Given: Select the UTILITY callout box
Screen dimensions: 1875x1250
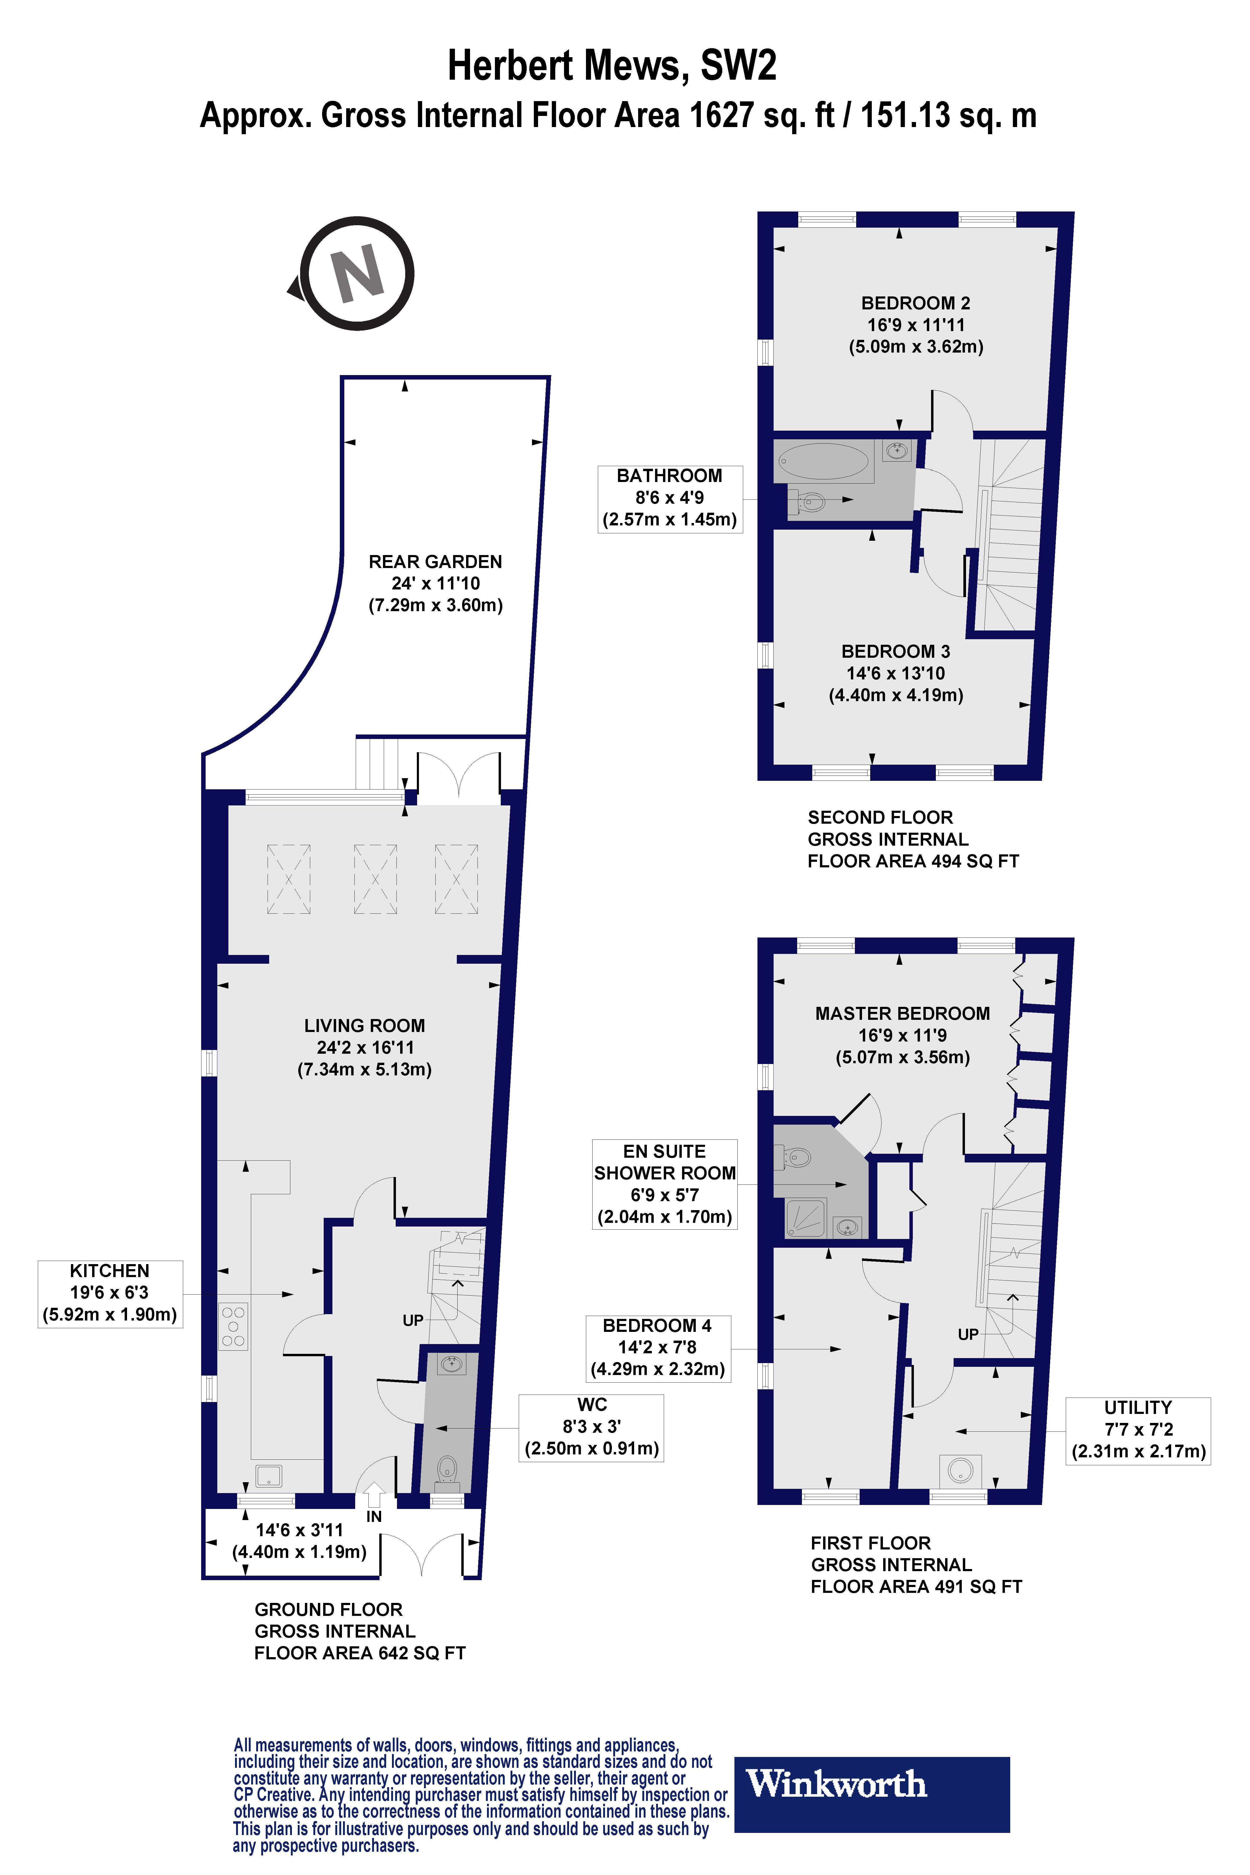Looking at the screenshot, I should pos(1138,1429).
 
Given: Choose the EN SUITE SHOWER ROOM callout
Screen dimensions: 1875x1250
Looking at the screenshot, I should pos(664,1184).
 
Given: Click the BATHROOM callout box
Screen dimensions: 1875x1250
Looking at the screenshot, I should pos(670,498).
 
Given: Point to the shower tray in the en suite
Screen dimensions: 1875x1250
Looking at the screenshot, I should pos(806,1218).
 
